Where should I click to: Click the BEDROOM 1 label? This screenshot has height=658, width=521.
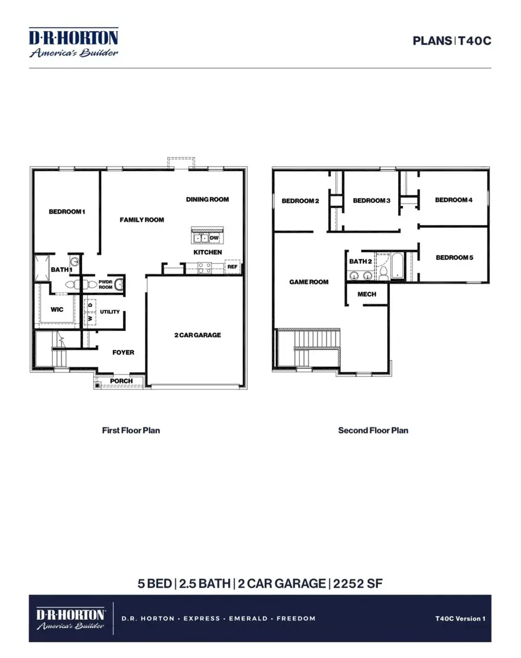pyautogui.click(x=67, y=212)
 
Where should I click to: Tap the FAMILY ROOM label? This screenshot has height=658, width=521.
pyautogui.click(x=142, y=220)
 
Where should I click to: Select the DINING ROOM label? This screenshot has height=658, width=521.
pyautogui.click(x=207, y=199)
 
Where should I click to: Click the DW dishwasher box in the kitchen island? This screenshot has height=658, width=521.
pyautogui.click(x=214, y=238)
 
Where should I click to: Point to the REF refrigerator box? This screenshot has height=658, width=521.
pyautogui.click(x=232, y=267)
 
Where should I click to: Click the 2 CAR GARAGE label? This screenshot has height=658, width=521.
pyautogui.click(x=197, y=335)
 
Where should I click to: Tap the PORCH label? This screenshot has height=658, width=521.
pyautogui.click(x=122, y=381)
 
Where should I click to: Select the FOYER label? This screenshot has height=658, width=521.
pyautogui.click(x=123, y=352)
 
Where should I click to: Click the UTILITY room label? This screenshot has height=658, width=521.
pyautogui.click(x=110, y=312)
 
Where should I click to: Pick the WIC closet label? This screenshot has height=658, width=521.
pyautogui.click(x=57, y=309)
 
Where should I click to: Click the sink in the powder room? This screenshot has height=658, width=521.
pyautogui.click(x=119, y=284)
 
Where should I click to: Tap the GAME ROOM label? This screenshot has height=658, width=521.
pyautogui.click(x=309, y=282)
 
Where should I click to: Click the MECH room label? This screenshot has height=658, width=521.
pyautogui.click(x=366, y=294)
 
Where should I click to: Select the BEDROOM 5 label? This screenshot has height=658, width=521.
pyautogui.click(x=454, y=257)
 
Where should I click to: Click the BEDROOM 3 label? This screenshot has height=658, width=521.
pyautogui.click(x=372, y=201)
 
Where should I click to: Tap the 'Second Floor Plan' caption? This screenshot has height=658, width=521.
pyautogui.click(x=373, y=430)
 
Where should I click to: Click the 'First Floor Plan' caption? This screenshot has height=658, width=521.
pyautogui.click(x=131, y=430)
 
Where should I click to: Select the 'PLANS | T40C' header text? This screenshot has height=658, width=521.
pyautogui.click(x=452, y=41)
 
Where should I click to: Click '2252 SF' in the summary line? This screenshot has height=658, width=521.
pyautogui.click(x=358, y=583)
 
